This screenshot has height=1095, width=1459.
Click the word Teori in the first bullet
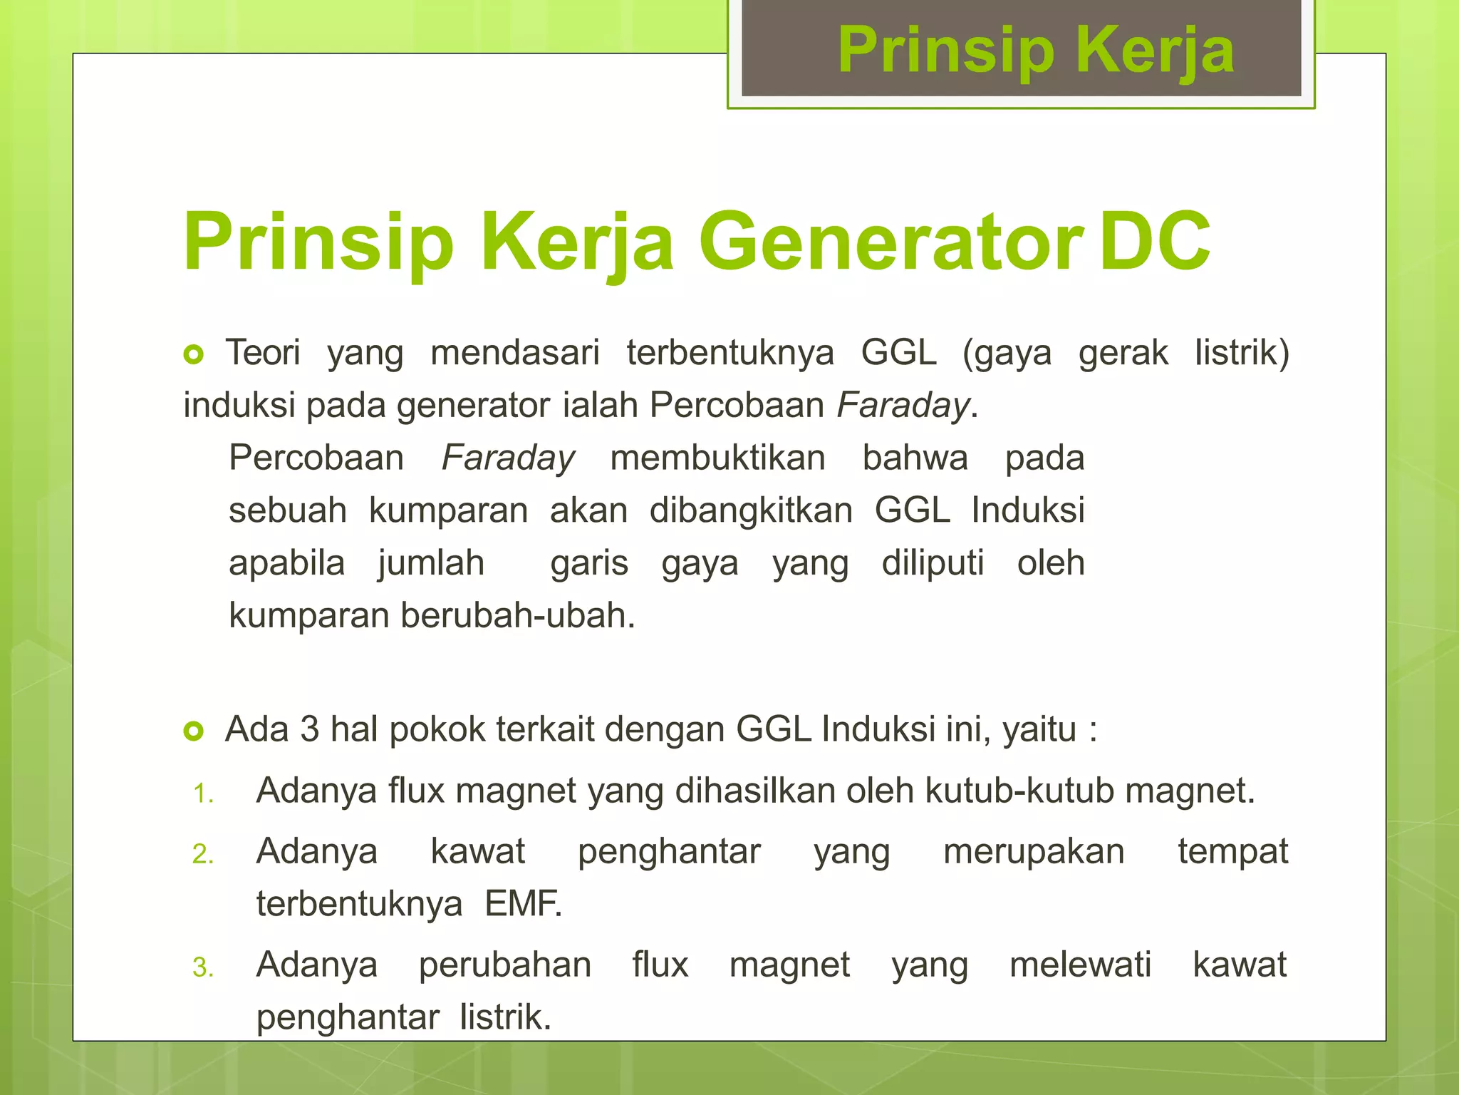(263, 353)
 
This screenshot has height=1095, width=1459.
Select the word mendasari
(515, 353)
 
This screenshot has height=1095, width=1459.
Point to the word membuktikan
(717, 458)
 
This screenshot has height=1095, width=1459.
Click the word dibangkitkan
(751, 510)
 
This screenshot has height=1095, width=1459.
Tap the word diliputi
(933, 563)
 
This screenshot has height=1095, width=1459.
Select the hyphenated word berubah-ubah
(517, 615)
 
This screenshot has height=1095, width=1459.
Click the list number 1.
(203, 793)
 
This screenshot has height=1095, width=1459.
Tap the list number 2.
(203, 854)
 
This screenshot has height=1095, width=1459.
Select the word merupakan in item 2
(1034, 851)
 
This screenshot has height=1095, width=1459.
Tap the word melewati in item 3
(1080, 965)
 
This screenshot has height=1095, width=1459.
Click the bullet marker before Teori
(194, 354)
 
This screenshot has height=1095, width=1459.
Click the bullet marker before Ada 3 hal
(194, 731)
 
